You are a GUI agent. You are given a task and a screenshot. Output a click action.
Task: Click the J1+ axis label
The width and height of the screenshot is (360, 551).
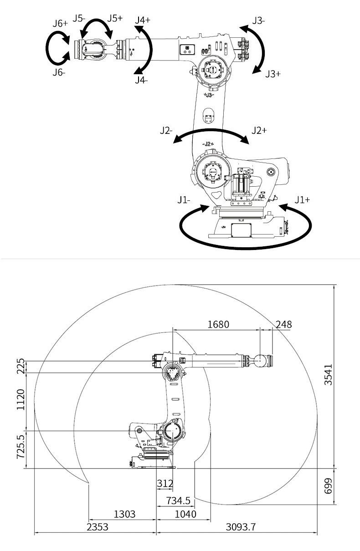click(x=302, y=199)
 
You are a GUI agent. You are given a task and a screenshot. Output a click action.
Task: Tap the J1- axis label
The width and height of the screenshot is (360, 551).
click(x=185, y=199)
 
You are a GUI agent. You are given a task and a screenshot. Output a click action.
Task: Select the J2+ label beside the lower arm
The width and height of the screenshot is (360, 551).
click(x=259, y=130)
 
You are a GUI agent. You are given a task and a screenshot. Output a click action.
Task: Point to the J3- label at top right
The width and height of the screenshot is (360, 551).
click(x=259, y=20)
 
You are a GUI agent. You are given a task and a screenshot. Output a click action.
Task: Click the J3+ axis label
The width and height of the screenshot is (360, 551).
click(x=273, y=74)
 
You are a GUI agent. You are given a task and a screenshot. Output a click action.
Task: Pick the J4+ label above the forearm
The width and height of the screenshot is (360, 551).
click(x=143, y=20)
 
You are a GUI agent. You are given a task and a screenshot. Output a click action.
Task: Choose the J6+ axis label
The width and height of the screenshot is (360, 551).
click(x=60, y=23)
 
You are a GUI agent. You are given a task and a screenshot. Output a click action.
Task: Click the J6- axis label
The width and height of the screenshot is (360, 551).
click(x=58, y=72)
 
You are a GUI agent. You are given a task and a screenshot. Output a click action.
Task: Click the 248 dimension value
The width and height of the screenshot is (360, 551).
click(x=283, y=324)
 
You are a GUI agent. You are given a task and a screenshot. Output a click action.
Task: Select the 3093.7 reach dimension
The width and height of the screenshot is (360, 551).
click(x=241, y=527)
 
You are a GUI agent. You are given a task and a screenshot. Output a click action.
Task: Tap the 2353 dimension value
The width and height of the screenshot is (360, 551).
click(x=98, y=527)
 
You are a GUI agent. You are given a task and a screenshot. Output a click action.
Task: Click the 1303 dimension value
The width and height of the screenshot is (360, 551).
click(x=124, y=514)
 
